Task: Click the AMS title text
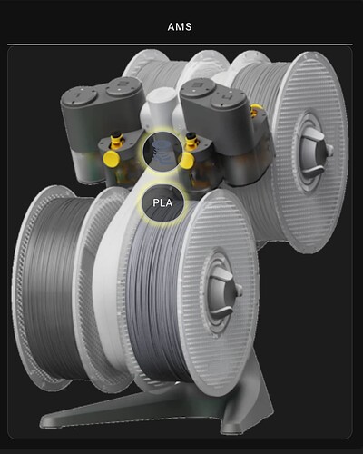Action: (180, 26)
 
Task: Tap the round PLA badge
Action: (162, 202)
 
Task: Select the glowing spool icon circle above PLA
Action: (162, 150)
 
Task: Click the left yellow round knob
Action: (111, 159)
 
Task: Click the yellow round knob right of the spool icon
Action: (186, 160)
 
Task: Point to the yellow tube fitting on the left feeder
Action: (116, 141)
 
